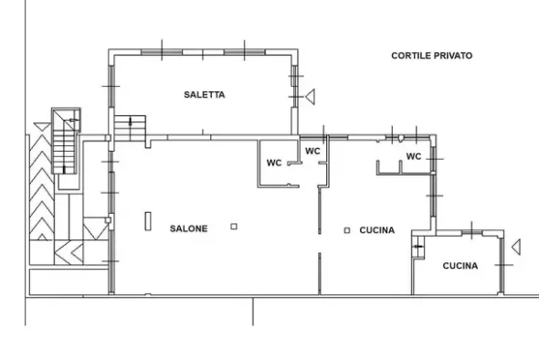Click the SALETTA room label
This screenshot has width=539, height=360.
pos(205,94)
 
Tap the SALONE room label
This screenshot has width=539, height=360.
pos(189,228)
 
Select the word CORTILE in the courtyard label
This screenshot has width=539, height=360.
pos(411,56)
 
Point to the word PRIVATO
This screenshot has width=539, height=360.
pos(453,56)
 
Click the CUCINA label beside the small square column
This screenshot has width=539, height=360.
pos(377,230)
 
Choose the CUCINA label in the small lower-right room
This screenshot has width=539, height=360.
pos(460,266)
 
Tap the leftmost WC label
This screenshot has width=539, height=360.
pos(274,163)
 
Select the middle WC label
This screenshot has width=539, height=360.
pos(312,151)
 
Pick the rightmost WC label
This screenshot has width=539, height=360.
pos(414,156)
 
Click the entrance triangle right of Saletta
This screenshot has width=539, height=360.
pos(311,97)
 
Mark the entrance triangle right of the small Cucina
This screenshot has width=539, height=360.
pos(517,247)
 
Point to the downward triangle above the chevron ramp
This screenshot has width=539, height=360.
pos(42,126)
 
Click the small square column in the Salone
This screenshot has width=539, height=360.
pos(234,227)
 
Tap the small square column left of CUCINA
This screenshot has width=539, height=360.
pos(347,230)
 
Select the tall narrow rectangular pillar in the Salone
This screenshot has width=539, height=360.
pos(148,221)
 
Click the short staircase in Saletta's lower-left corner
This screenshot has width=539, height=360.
pos(130,128)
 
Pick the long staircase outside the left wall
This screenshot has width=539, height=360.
pos(64,141)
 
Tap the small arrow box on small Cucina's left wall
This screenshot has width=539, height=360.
pos(418,247)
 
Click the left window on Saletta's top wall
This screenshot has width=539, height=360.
pos(162,52)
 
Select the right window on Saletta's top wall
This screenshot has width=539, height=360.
pos(245,52)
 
